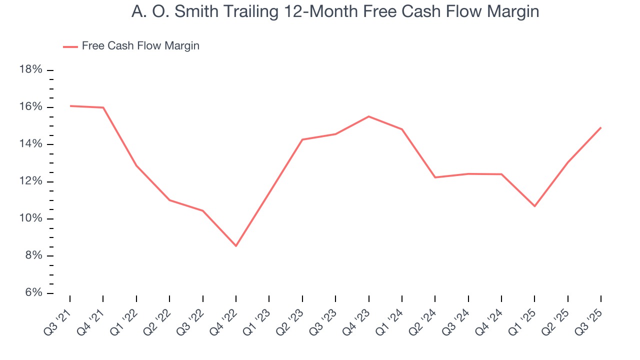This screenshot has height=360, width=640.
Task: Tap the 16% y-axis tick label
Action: [30, 107]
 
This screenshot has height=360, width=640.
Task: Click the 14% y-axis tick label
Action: [30, 144]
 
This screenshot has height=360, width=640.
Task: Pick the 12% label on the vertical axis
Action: [30, 181]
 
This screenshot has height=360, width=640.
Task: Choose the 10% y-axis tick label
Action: [30, 219]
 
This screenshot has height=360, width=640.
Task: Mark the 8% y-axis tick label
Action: [33, 256]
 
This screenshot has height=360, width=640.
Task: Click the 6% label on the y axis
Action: [33, 293]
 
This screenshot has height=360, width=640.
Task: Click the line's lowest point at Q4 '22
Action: [236, 246]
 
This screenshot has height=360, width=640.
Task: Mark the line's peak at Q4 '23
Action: [368, 116]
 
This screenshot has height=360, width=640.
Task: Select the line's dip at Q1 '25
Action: [534, 206]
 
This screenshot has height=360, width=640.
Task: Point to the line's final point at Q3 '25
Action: [600, 127]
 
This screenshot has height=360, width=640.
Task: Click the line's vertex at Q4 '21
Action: [103, 107]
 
